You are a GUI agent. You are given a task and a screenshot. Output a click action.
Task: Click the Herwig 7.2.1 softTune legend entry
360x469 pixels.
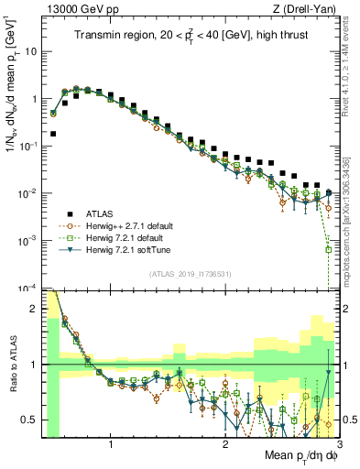[126, 249]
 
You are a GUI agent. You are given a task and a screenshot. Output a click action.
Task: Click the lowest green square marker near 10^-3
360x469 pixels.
[328, 248]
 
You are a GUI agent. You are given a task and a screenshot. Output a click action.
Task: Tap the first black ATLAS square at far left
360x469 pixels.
[53, 134]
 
